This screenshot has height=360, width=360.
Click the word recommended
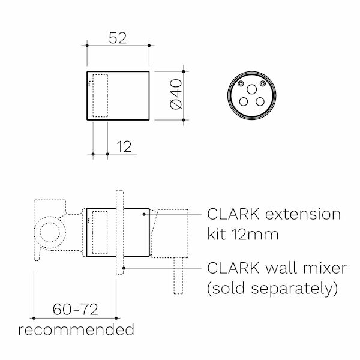click(76, 329)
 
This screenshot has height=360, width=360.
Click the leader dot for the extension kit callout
click(146, 214)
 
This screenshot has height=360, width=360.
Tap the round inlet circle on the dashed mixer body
click(50, 232)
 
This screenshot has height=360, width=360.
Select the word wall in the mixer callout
click(278, 268)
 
